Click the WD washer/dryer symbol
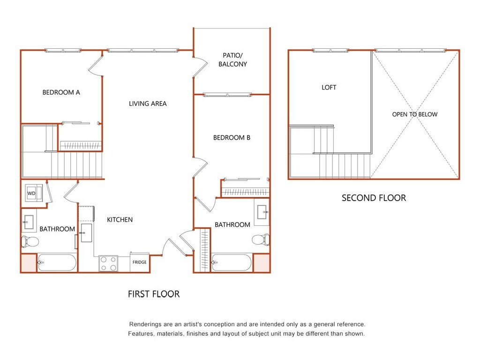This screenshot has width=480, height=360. click(34, 193)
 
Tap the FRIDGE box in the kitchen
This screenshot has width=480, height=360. click(140, 262)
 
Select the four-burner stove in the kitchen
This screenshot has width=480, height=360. click(108, 263)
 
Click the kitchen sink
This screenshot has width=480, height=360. click(86, 233)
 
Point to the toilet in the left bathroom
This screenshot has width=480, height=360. click(30, 241)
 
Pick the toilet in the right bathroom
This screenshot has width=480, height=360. click(261, 240)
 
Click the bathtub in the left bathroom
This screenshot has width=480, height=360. click(57, 262)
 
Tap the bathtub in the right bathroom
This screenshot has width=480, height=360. click(232, 262)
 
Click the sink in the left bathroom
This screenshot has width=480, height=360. click(28, 222)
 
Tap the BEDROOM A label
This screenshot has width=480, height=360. click(61, 92)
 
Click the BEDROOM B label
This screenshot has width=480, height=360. click(232, 138)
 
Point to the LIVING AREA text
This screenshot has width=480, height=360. click(148, 104)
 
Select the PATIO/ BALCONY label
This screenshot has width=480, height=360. click(232, 60)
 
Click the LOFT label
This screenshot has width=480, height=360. click(329, 88)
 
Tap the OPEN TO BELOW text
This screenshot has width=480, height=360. click(415, 114)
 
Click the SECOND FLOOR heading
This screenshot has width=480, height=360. click(374, 198)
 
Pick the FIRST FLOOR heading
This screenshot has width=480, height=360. click(154, 294)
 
